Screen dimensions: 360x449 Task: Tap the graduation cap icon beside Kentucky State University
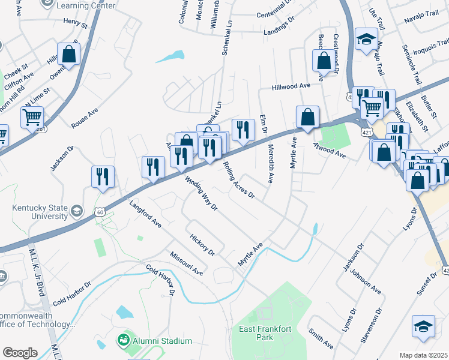[77, 211]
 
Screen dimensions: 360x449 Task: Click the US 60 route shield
[100, 211]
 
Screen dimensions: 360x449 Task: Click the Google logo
[20, 353]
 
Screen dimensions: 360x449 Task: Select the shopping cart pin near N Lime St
[32, 116]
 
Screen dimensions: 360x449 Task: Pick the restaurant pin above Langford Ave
[103, 176]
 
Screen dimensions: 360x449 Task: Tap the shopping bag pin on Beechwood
[324, 60]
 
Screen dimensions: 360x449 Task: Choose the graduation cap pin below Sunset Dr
[423, 326]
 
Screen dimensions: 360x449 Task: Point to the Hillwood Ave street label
[291, 86]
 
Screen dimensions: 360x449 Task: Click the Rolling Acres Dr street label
[239, 180]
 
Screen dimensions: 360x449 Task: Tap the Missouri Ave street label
[186, 263]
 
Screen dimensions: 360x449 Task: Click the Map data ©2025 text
[423, 355]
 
